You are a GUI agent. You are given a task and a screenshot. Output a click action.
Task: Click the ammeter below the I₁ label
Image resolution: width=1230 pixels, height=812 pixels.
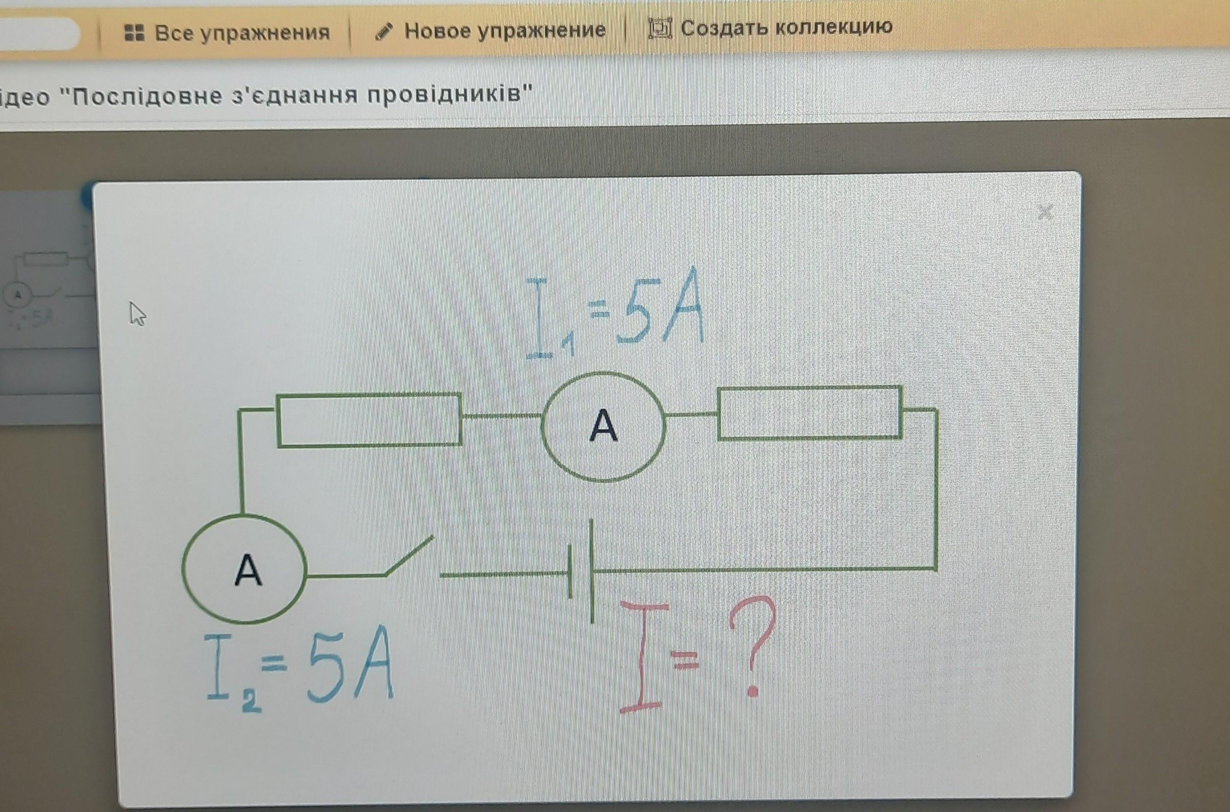coord(603,426)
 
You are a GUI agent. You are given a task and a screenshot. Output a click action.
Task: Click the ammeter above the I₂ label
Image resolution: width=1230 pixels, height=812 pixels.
coord(244,569)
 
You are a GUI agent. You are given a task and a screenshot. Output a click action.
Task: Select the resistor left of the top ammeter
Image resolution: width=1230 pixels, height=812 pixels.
coord(369,419)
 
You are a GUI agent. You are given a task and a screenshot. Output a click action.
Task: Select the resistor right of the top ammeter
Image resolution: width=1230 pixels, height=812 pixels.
coord(810,413)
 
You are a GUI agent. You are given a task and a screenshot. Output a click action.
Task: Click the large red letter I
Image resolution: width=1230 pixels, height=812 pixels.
coord(640,656)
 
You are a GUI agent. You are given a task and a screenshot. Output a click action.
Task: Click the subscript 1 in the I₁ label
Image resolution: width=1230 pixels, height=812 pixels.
coord(568,346)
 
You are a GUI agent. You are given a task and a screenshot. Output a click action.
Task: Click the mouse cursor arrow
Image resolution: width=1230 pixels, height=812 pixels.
coord(137,314)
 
